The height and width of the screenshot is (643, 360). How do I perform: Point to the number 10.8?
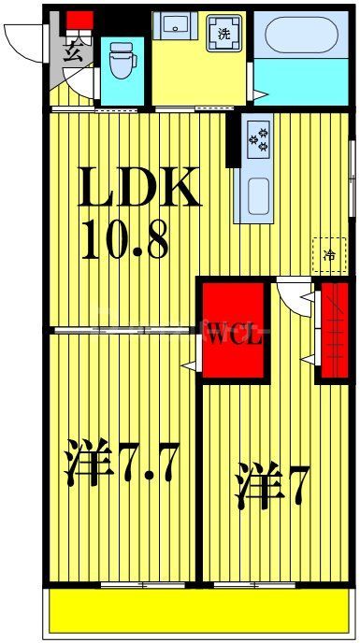(124, 239)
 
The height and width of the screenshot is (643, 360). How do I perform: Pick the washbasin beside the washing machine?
(175, 27)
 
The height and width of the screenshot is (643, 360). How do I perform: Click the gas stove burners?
(258, 140)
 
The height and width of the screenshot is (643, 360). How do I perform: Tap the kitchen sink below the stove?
(258, 194)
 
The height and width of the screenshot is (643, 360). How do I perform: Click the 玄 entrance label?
(75, 52)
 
